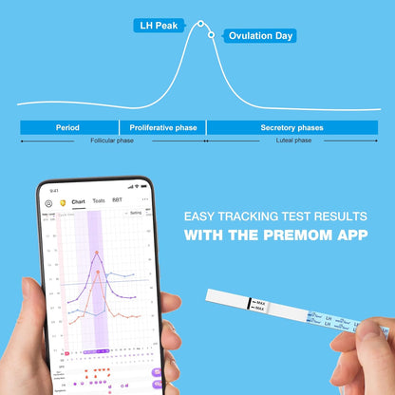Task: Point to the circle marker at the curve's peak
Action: click(199, 24)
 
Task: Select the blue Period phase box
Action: click(67, 127)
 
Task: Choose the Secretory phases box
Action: click(292, 127)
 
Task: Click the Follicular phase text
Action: click(112, 141)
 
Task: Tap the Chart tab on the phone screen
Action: click(78, 201)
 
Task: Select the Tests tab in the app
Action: click(99, 201)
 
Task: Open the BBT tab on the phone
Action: click(117, 201)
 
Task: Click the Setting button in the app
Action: click(135, 214)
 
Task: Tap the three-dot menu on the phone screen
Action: click(144, 199)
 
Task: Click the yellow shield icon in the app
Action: click(63, 202)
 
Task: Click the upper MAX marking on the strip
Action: click(261, 303)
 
